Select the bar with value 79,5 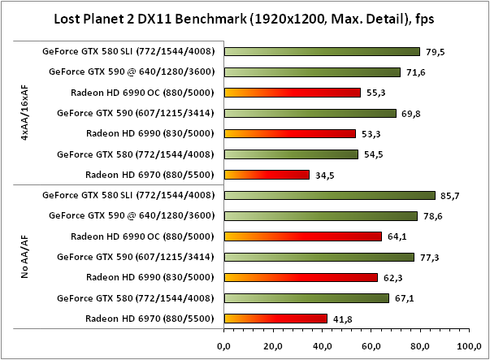[x=322, y=51]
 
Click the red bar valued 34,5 [x=267, y=174]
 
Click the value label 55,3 [x=376, y=93]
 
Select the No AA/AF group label [x=25, y=258]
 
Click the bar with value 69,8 [x=310, y=113]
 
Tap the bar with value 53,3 [x=289, y=133]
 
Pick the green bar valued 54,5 [x=291, y=154]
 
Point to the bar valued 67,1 [x=306, y=297]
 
